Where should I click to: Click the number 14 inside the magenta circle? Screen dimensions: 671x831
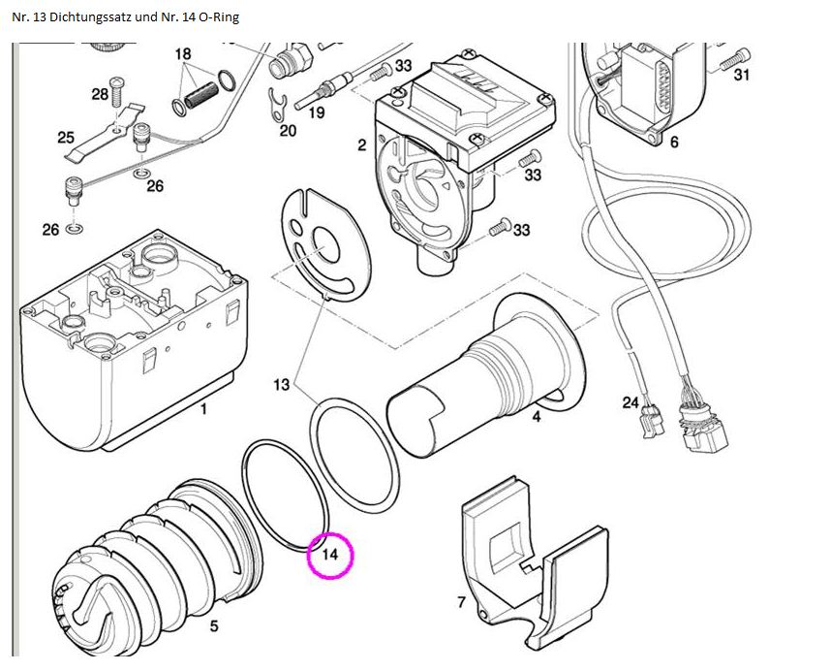pyautogui.click(x=330, y=556)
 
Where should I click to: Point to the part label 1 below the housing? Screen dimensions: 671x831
pyautogui.click(x=203, y=409)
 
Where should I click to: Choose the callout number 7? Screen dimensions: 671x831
pyautogui.click(x=461, y=602)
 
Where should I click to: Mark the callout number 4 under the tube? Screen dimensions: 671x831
pyautogui.click(x=536, y=418)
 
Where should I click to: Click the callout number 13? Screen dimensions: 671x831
pyautogui.click(x=281, y=385)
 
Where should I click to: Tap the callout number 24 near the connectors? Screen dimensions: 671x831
pyautogui.click(x=631, y=402)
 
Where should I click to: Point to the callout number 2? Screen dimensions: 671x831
pyautogui.click(x=361, y=145)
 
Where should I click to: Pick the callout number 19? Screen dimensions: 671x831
pyautogui.click(x=316, y=112)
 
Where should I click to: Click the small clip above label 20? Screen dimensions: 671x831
pyautogui.click(x=279, y=101)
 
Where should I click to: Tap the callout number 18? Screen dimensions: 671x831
pyautogui.click(x=183, y=54)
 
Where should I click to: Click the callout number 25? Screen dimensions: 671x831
pyautogui.click(x=65, y=138)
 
